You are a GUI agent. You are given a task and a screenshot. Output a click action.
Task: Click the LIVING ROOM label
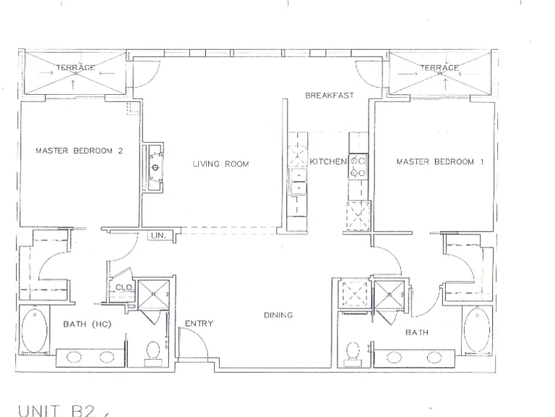tap(221, 164)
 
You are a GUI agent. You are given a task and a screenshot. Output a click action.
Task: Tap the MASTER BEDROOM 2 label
tap(79, 151)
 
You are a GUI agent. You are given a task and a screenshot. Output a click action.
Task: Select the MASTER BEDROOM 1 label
tap(440, 161)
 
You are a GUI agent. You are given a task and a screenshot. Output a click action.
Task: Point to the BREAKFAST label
tap(330, 96)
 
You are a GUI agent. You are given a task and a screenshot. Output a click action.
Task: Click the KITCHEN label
tap(328, 161)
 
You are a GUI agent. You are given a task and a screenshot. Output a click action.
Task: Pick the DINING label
tap(278, 315)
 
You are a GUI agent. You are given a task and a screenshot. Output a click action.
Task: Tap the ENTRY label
tap(199, 324)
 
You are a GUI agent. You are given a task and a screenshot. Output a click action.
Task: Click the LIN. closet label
tap(158, 235)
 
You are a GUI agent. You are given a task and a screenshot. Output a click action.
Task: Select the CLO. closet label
tap(124, 287)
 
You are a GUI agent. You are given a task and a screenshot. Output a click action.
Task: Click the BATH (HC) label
tap(87, 324)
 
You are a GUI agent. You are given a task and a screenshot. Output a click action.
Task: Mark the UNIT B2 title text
tap(56, 410)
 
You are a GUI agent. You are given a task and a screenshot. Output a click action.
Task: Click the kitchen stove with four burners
tap(358, 167)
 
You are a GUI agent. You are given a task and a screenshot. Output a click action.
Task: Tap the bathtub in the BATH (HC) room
tap(35, 330)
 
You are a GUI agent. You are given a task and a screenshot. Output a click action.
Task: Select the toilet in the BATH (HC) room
tap(153, 353)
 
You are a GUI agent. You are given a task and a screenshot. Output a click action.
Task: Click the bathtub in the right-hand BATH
tap(477, 329)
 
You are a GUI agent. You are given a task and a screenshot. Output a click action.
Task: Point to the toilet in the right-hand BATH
tap(353, 353)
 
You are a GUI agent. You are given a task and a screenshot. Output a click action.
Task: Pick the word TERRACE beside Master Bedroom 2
tap(75, 67)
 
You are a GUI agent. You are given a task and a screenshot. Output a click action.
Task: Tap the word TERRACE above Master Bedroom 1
tap(439, 68)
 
